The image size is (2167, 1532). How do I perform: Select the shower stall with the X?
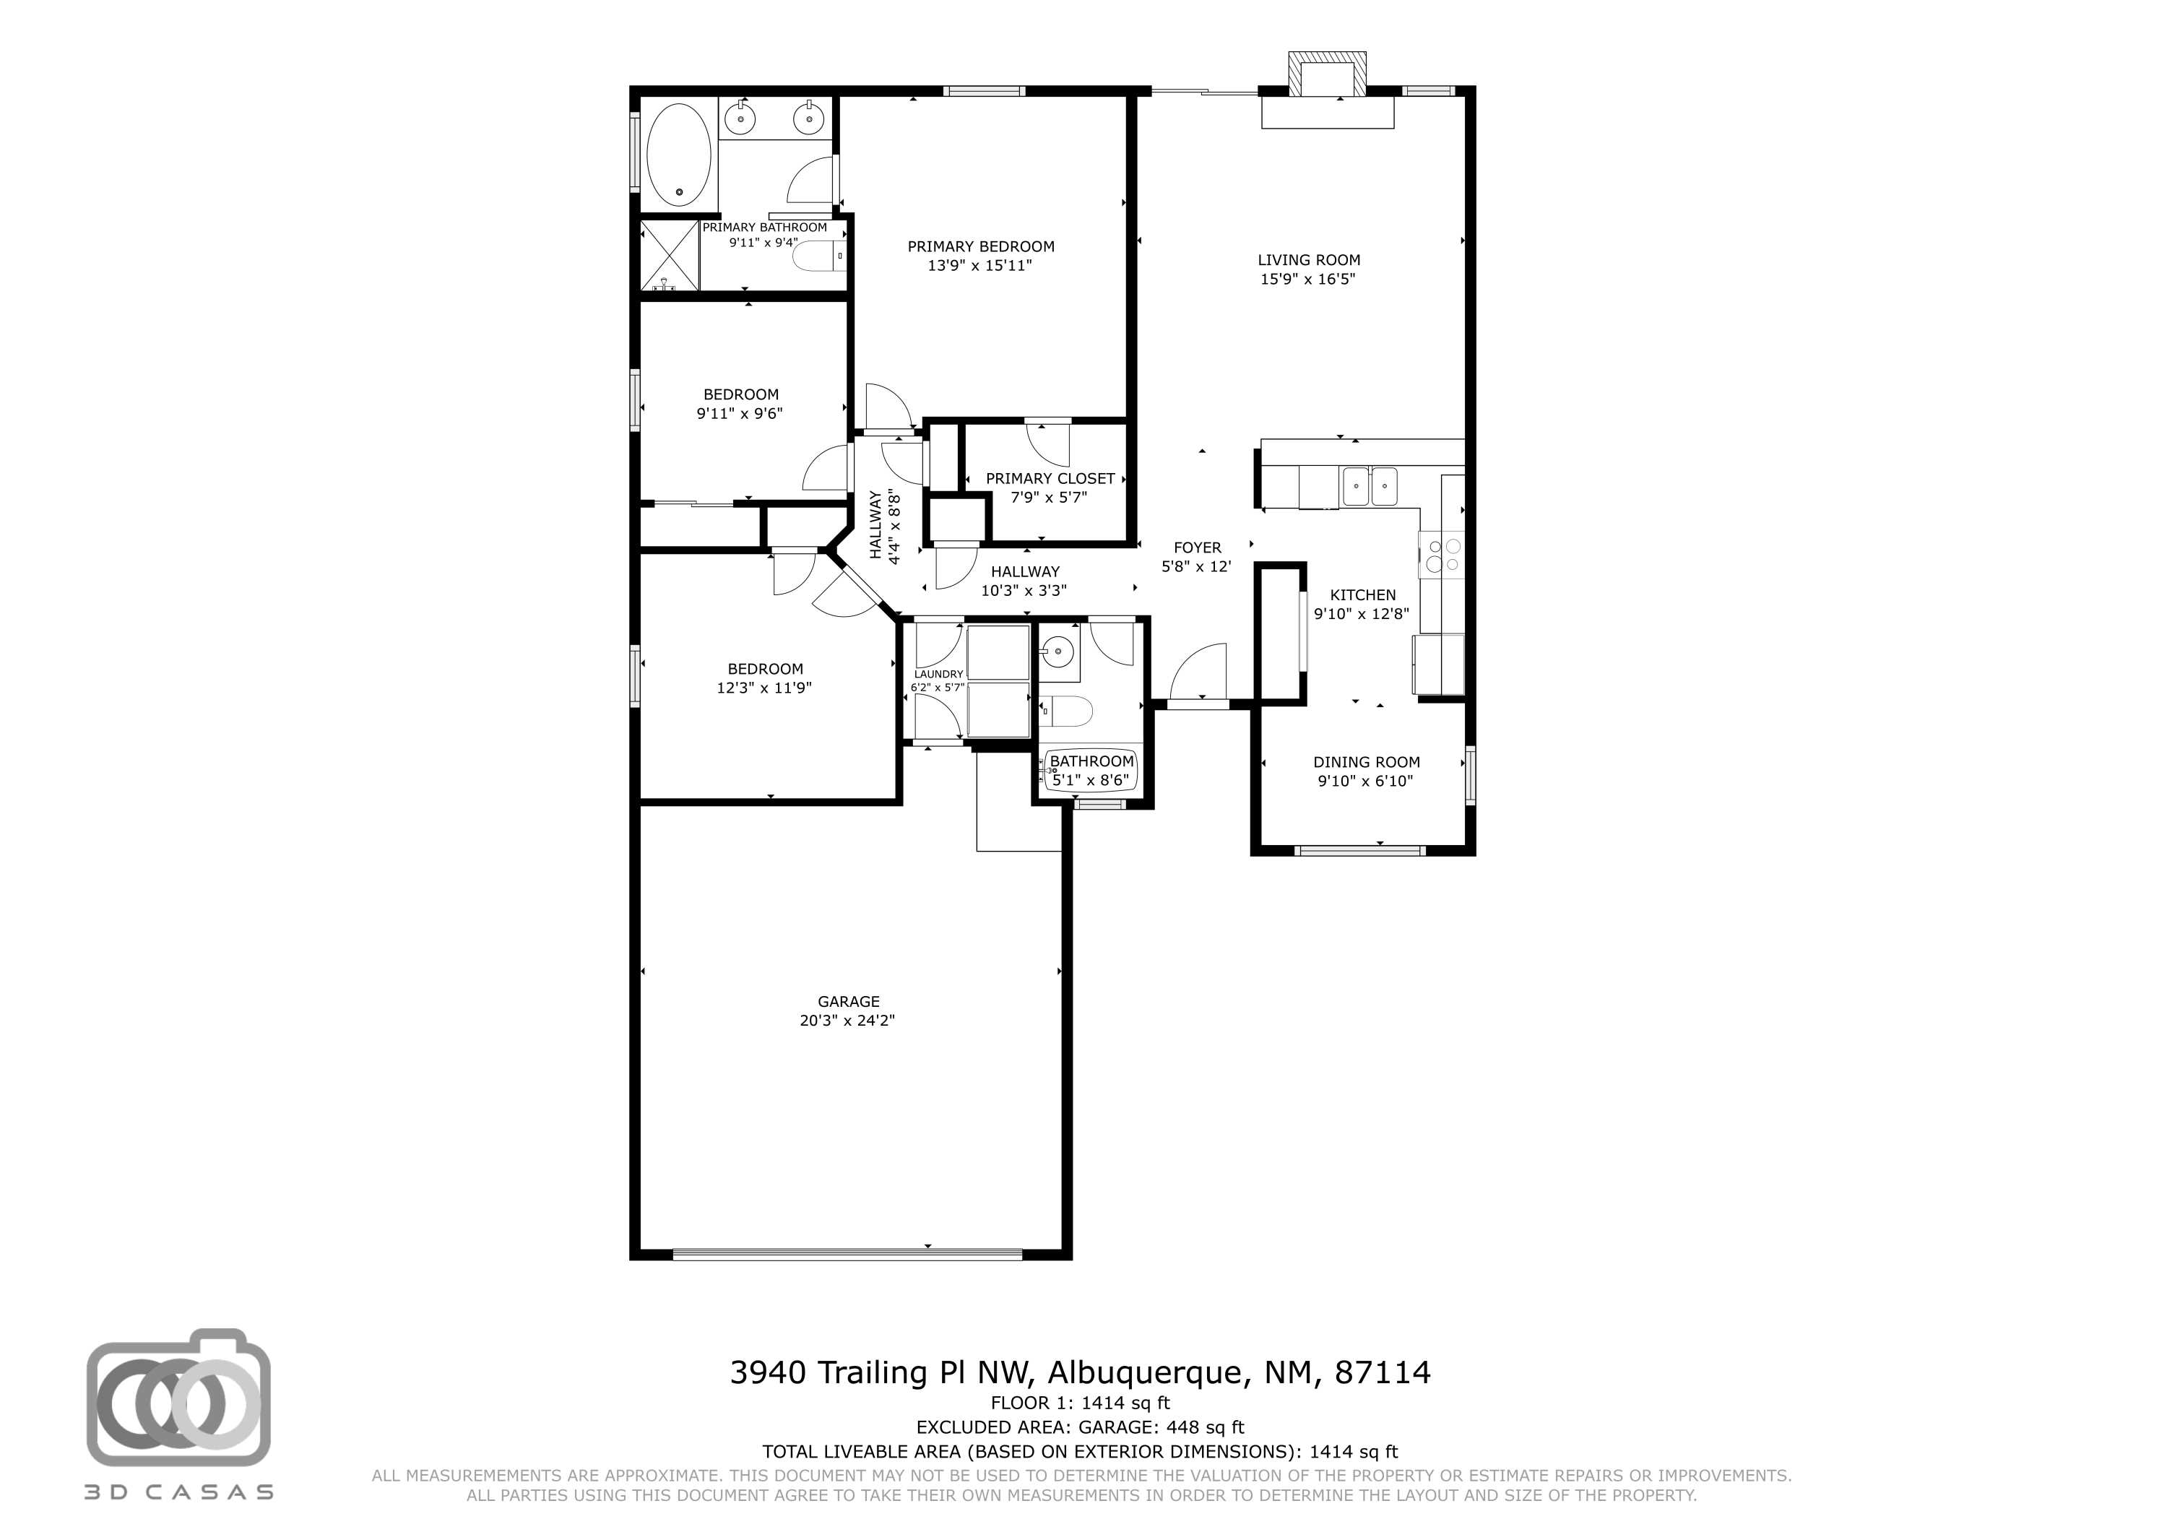point(670,256)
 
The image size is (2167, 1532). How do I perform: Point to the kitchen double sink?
point(1370,487)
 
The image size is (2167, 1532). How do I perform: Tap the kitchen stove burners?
point(1442,555)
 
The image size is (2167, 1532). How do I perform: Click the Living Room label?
point(1308,259)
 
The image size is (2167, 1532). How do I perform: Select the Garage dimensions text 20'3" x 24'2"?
point(847,1021)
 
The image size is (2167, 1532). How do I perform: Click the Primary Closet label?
point(1050,479)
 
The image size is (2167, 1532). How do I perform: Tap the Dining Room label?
point(1366,762)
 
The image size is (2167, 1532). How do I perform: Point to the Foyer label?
point(1197,548)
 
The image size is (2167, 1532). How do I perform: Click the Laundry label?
point(938,674)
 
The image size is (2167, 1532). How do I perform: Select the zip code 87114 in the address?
point(1383,1372)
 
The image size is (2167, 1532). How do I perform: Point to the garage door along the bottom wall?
point(847,1255)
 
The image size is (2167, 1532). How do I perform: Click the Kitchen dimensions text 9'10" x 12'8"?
point(1361,613)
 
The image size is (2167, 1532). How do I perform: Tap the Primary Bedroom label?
point(981,246)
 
